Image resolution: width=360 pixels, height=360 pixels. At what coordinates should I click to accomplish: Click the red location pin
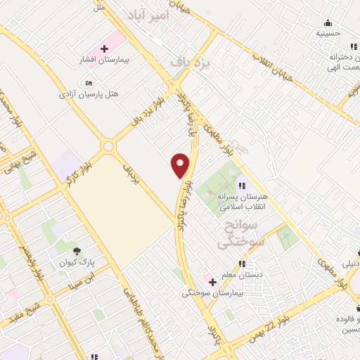tap(181, 165)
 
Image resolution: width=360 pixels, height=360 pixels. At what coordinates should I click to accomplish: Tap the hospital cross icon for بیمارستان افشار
tap(105, 49)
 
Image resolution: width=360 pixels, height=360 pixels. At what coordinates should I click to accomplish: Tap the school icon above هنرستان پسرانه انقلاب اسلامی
tap(241, 186)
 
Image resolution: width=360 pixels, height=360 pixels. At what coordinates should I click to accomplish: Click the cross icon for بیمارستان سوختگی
tap(212, 281)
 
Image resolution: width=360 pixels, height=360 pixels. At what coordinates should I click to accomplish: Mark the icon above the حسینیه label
tap(328, 22)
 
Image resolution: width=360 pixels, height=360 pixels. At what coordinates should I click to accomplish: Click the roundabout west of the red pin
tap(108, 146)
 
